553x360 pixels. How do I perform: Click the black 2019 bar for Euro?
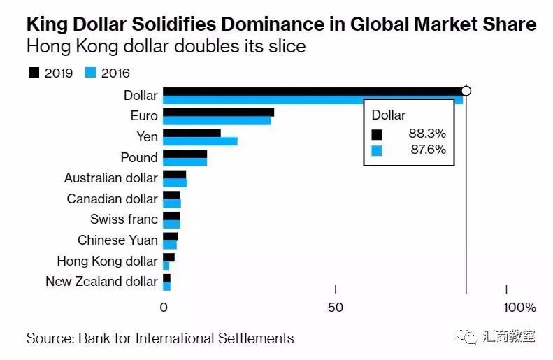click(218, 112)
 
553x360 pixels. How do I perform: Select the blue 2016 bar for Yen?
click(200, 141)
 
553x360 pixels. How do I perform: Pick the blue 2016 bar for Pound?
click(185, 162)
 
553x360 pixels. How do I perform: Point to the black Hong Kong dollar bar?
click(168, 257)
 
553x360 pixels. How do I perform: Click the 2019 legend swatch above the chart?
click(33, 72)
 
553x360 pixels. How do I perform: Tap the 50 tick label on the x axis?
click(336, 308)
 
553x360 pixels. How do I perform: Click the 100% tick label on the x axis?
click(519, 308)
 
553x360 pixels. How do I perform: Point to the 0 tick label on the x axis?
click(164, 308)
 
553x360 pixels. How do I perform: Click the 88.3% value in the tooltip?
click(427, 134)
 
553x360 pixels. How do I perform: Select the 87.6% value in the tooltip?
click(427, 150)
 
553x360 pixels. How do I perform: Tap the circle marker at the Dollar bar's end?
click(466, 91)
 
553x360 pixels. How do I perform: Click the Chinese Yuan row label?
click(117, 240)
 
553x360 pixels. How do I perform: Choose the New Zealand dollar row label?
click(101, 282)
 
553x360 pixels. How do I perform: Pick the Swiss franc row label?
click(124, 219)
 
